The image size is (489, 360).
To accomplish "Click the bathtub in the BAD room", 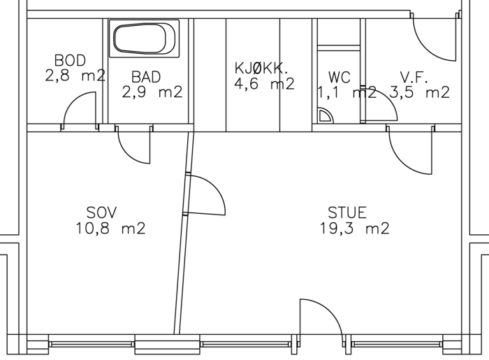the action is pos(144,38).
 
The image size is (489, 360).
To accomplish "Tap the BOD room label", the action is pos(70,61).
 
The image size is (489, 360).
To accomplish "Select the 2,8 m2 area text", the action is pos(75,75).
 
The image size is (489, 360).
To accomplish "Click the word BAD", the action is pos(146,77).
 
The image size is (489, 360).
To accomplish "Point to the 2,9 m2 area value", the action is pos(152,92).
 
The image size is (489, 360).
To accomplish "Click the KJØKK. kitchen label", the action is pos(261,68).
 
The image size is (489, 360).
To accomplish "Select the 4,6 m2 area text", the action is pos(265,84).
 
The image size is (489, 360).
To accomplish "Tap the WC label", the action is pos(340,78).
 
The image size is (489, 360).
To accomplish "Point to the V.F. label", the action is pos(414,78).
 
